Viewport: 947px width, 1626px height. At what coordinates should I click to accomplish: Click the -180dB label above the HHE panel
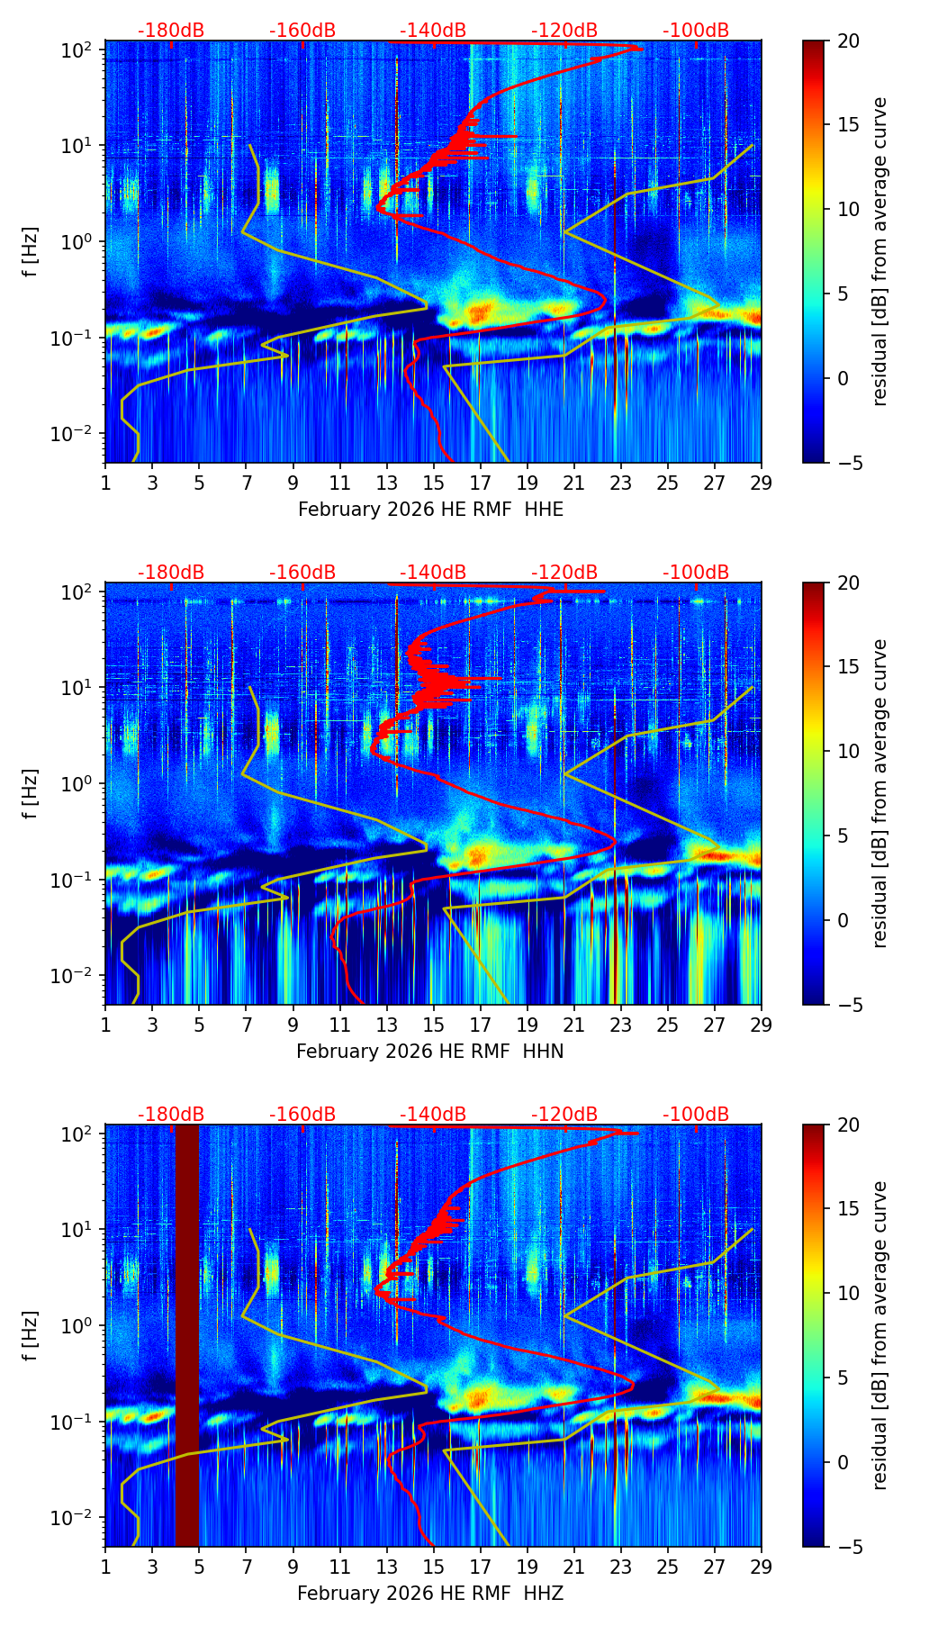tap(171, 31)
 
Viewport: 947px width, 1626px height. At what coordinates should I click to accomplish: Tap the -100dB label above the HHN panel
tap(696, 573)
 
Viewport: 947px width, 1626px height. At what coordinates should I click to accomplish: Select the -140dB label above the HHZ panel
tap(433, 1115)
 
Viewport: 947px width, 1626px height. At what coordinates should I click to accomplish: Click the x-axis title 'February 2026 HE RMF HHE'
tap(430, 510)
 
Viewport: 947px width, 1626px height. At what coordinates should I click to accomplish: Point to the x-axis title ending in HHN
tap(430, 1052)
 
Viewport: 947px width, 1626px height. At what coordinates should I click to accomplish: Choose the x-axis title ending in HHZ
tap(430, 1594)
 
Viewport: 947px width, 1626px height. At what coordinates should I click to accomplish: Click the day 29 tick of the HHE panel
tap(762, 483)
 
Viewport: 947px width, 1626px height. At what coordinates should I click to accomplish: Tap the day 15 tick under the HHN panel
tap(433, 1025)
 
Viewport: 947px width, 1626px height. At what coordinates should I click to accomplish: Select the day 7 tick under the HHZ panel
tap(246, 1567)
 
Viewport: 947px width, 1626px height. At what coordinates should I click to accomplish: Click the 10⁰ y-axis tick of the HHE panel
tap(77, 242)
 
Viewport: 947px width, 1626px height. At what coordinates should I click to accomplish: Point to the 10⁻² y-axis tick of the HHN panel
tap(76, 976)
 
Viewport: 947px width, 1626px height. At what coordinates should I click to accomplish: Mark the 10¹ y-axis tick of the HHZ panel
tap(77, 1230)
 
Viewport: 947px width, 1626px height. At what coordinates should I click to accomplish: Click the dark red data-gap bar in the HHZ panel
tap(187, 1332)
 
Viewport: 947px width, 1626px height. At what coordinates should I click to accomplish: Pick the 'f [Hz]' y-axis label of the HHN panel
tap(32, 793)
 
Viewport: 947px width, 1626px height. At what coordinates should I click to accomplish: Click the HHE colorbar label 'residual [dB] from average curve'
tap(880, 251)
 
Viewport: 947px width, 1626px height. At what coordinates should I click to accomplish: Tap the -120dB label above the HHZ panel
tap(564, 1115)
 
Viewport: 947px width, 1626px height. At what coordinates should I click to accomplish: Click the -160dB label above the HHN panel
tap(302, 573)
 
